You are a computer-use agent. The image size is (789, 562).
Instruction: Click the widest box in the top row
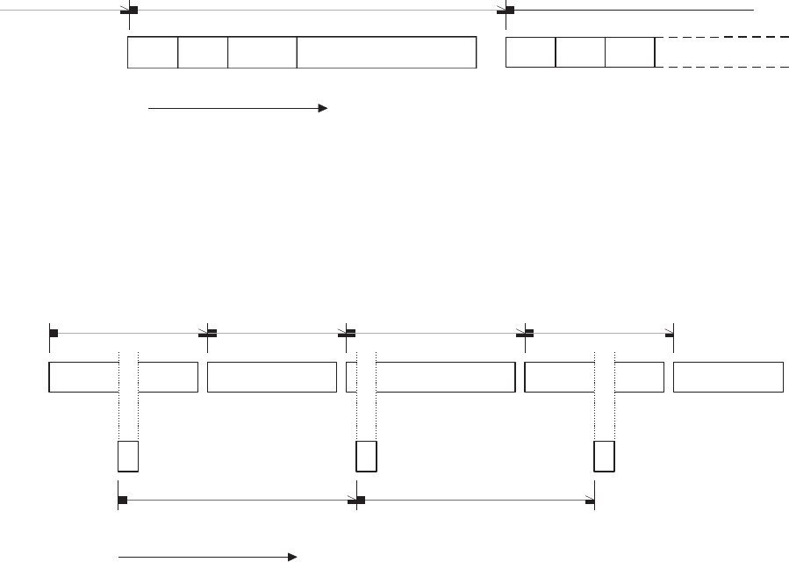(x=386, y=53)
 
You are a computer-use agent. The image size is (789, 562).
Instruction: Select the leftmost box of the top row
(x=153, y=53)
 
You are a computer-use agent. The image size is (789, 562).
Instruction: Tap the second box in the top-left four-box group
(x=203, y=53)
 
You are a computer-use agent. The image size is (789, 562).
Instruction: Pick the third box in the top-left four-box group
(x=262, y=53)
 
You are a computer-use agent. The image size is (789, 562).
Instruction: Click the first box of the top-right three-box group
(x=531, y=53)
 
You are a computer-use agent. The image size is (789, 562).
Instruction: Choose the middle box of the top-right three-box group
(x=581, y=53)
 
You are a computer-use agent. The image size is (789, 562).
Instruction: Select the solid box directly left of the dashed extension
(x=630, y=53)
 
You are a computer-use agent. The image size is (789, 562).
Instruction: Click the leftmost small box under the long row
(x=128, y=458)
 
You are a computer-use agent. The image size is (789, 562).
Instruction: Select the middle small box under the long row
(x=366, y=458)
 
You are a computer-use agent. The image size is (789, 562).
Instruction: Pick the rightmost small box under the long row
(x=604, y=458)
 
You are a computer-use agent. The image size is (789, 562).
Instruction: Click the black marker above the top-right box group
(x=509, y=11)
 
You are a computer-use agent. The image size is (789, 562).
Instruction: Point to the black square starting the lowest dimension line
(x=122, y=501)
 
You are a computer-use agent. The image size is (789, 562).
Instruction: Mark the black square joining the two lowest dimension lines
(x=360, y=501)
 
